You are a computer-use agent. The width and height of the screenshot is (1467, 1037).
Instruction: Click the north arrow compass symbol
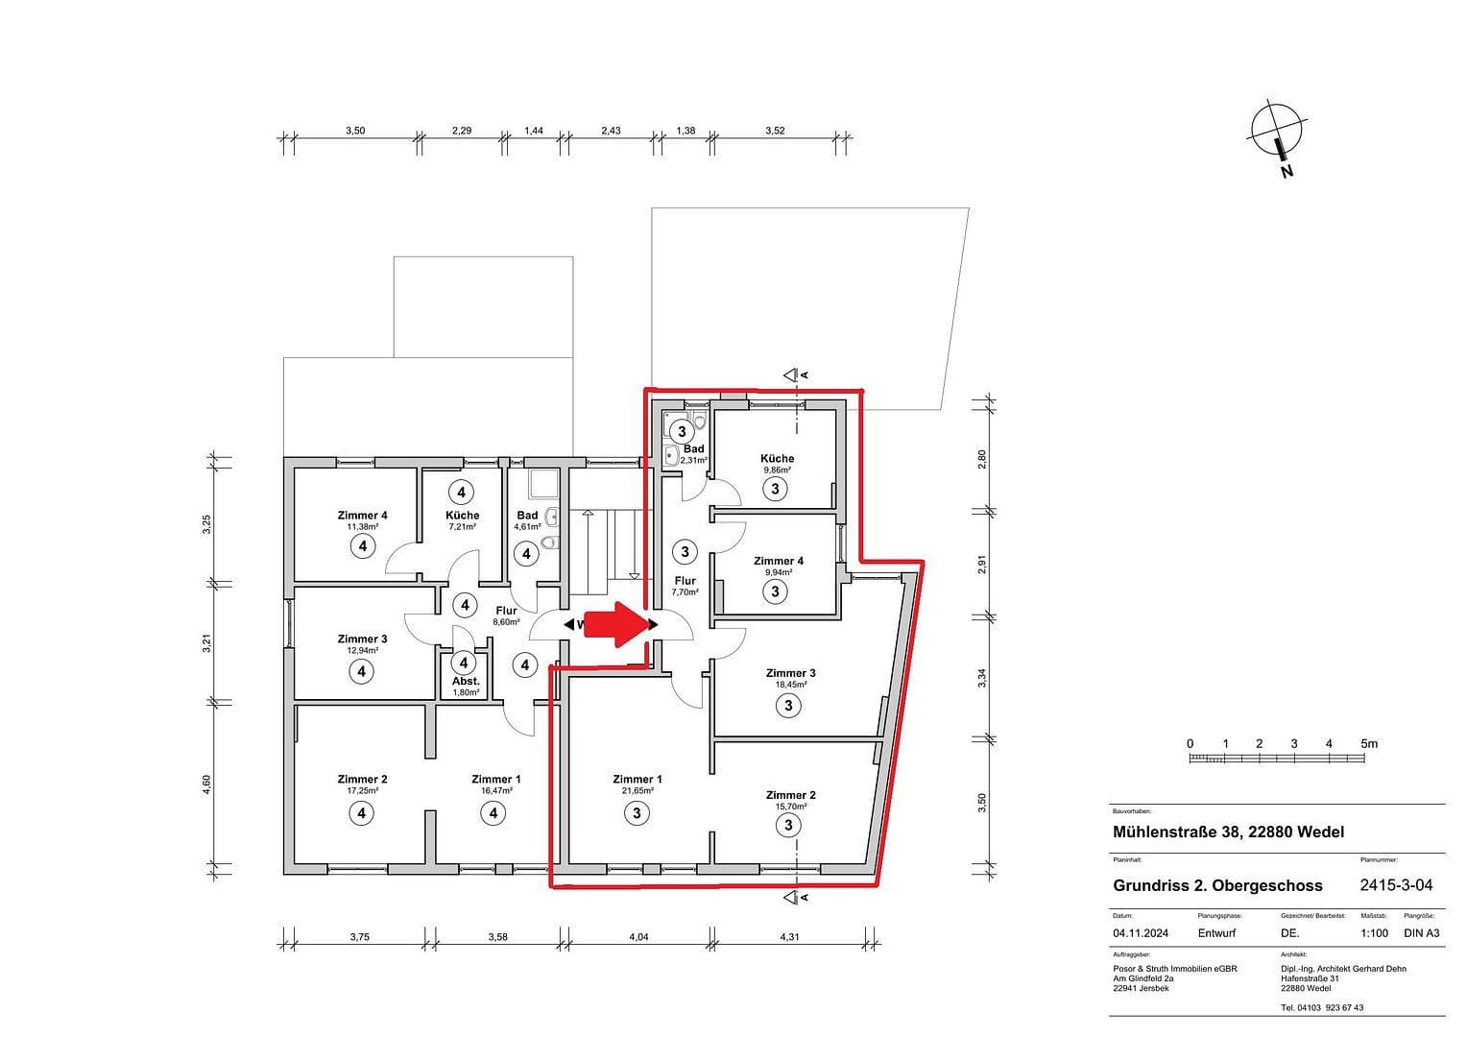(x=1277, y=134)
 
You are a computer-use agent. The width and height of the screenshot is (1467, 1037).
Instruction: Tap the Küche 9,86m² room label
(x=777, y=464)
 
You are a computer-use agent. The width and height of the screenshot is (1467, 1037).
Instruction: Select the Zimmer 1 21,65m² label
(x=637, y=784)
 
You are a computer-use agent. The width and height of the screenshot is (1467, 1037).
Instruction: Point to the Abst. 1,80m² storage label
(x=466, y=686)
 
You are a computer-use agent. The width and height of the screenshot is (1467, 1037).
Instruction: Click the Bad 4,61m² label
(x=527, y=520)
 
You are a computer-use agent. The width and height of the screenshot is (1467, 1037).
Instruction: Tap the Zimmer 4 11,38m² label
(x=362, y=520)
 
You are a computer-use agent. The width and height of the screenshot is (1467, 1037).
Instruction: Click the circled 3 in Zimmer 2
(x=788, y=825)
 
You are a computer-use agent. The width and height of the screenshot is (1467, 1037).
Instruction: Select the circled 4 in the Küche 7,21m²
(x=462, y=493)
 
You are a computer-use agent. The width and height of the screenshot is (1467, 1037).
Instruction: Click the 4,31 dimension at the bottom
(x=789, y=937)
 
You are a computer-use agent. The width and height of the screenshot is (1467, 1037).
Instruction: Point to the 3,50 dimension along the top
(x=355, y=131)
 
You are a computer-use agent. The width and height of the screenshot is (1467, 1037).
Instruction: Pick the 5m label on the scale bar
(x=1368, y=743)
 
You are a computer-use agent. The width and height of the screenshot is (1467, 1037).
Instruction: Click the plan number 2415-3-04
(x=1396, y=885)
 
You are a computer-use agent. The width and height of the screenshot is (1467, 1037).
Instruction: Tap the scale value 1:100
(x=1374, y=932)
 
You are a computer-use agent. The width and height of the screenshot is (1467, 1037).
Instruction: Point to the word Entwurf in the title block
(x=1216, y=932)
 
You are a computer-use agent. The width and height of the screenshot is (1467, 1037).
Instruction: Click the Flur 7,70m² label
(x=685, y=586)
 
